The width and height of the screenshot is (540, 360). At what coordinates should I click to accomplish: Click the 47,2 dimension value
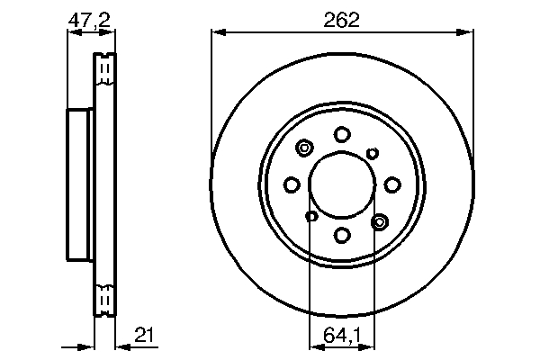point(90,18)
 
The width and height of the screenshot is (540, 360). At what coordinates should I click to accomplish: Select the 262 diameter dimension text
point(342,18)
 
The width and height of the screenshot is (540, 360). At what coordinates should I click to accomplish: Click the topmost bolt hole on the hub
point(342,135)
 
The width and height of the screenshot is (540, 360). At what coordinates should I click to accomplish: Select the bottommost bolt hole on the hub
point(342,235)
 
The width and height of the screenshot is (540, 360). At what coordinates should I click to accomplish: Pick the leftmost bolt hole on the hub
point(292,184)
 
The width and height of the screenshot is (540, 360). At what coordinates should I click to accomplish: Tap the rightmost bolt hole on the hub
point(392,184)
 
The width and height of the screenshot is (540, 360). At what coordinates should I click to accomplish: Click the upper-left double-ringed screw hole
point(304,148)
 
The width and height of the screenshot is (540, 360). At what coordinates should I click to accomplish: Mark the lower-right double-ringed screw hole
point(379,220)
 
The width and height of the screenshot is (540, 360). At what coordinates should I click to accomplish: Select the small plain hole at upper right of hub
point(373,153)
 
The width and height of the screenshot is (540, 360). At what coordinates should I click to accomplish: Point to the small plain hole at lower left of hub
point(311,216)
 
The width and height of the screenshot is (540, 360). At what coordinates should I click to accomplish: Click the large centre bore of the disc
point(342,184)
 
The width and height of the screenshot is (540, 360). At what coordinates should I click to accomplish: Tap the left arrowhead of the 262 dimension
point(216,34)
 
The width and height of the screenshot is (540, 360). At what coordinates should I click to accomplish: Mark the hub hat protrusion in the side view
point(80,184)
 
